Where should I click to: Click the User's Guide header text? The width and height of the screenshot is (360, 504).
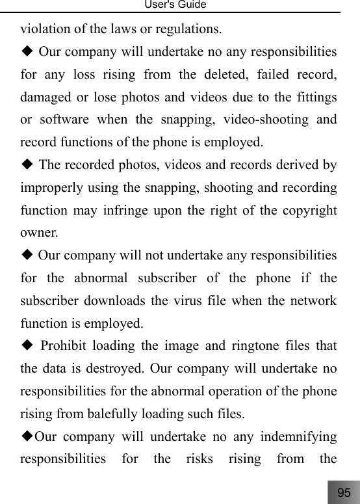pyautogui.click(x=180, y=5)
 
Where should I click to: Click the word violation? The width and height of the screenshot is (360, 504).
pyautogui.click(x=44, y=29)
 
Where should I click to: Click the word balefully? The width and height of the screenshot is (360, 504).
pyautogui.click(x=105, y=412)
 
